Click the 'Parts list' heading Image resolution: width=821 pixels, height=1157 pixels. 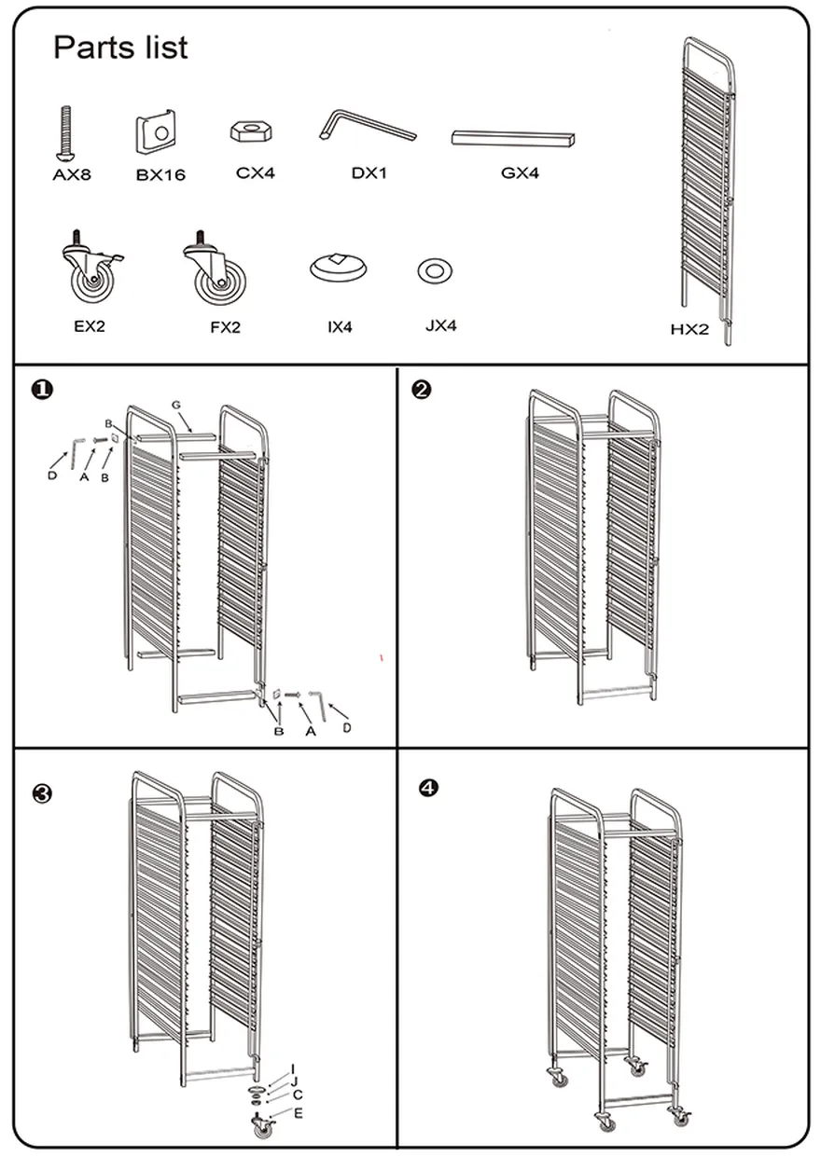tap(120, 48)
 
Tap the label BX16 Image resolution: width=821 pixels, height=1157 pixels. tap(160, 174)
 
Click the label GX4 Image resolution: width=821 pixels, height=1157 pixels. tap(520, 172)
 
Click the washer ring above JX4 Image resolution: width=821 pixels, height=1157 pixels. tap(434, 271)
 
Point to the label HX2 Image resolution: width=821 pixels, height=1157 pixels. tap(689, 328)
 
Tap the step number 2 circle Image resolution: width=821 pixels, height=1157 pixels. tap(422, 391)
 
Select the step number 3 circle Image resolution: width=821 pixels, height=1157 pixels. tap(41, 794)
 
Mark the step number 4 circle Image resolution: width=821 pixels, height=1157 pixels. tap(428, 788)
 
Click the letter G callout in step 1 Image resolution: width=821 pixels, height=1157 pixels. tap(175, 405)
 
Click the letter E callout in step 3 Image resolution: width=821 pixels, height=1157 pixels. tap(299, 1113)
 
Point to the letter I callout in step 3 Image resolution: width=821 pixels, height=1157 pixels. tap(293, 1068)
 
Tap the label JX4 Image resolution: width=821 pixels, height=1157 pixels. tap(440, 326)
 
